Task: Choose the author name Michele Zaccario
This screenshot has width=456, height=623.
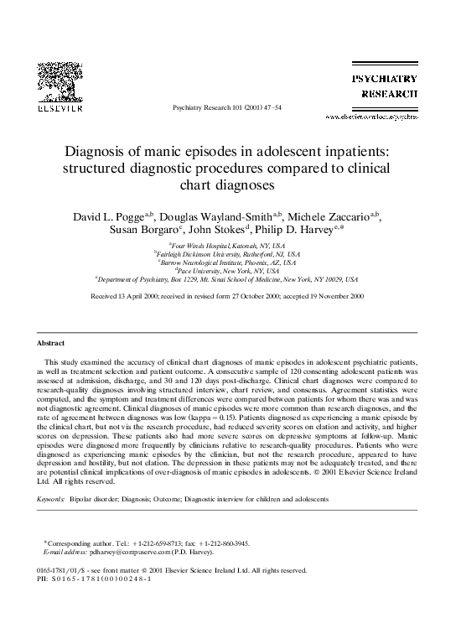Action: coord(330,216)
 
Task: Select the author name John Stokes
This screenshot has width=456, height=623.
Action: coord(219,231)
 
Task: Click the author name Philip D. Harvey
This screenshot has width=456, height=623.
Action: coord(298,231)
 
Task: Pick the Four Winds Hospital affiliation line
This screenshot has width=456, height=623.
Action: coord(227,247)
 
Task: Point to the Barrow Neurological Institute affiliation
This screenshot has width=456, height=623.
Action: coord(227,264)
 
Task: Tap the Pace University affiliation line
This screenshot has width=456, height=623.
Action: coord(227,272)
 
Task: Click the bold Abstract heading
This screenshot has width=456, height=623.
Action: coord(51,344)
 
